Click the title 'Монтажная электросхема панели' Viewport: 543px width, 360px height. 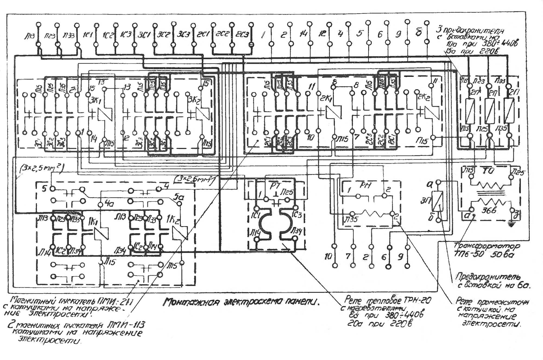(241, 302)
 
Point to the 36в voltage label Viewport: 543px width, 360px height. (488, 210)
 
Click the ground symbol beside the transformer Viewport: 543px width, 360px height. (511, 224)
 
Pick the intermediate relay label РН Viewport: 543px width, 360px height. (365, 186)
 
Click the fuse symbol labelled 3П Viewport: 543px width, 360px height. (437, 201)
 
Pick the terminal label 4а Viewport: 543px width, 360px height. (109, 204)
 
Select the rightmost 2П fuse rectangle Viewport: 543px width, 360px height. (509, 111)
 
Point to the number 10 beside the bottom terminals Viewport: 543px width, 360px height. (328, 256)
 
